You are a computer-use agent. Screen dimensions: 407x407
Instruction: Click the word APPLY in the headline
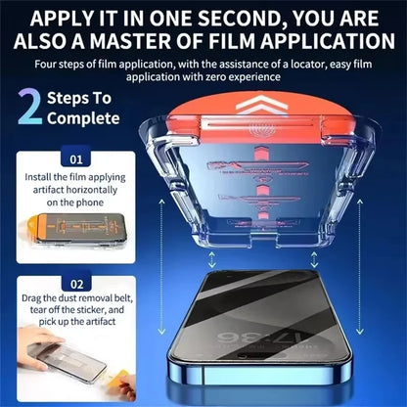[70, 17]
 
